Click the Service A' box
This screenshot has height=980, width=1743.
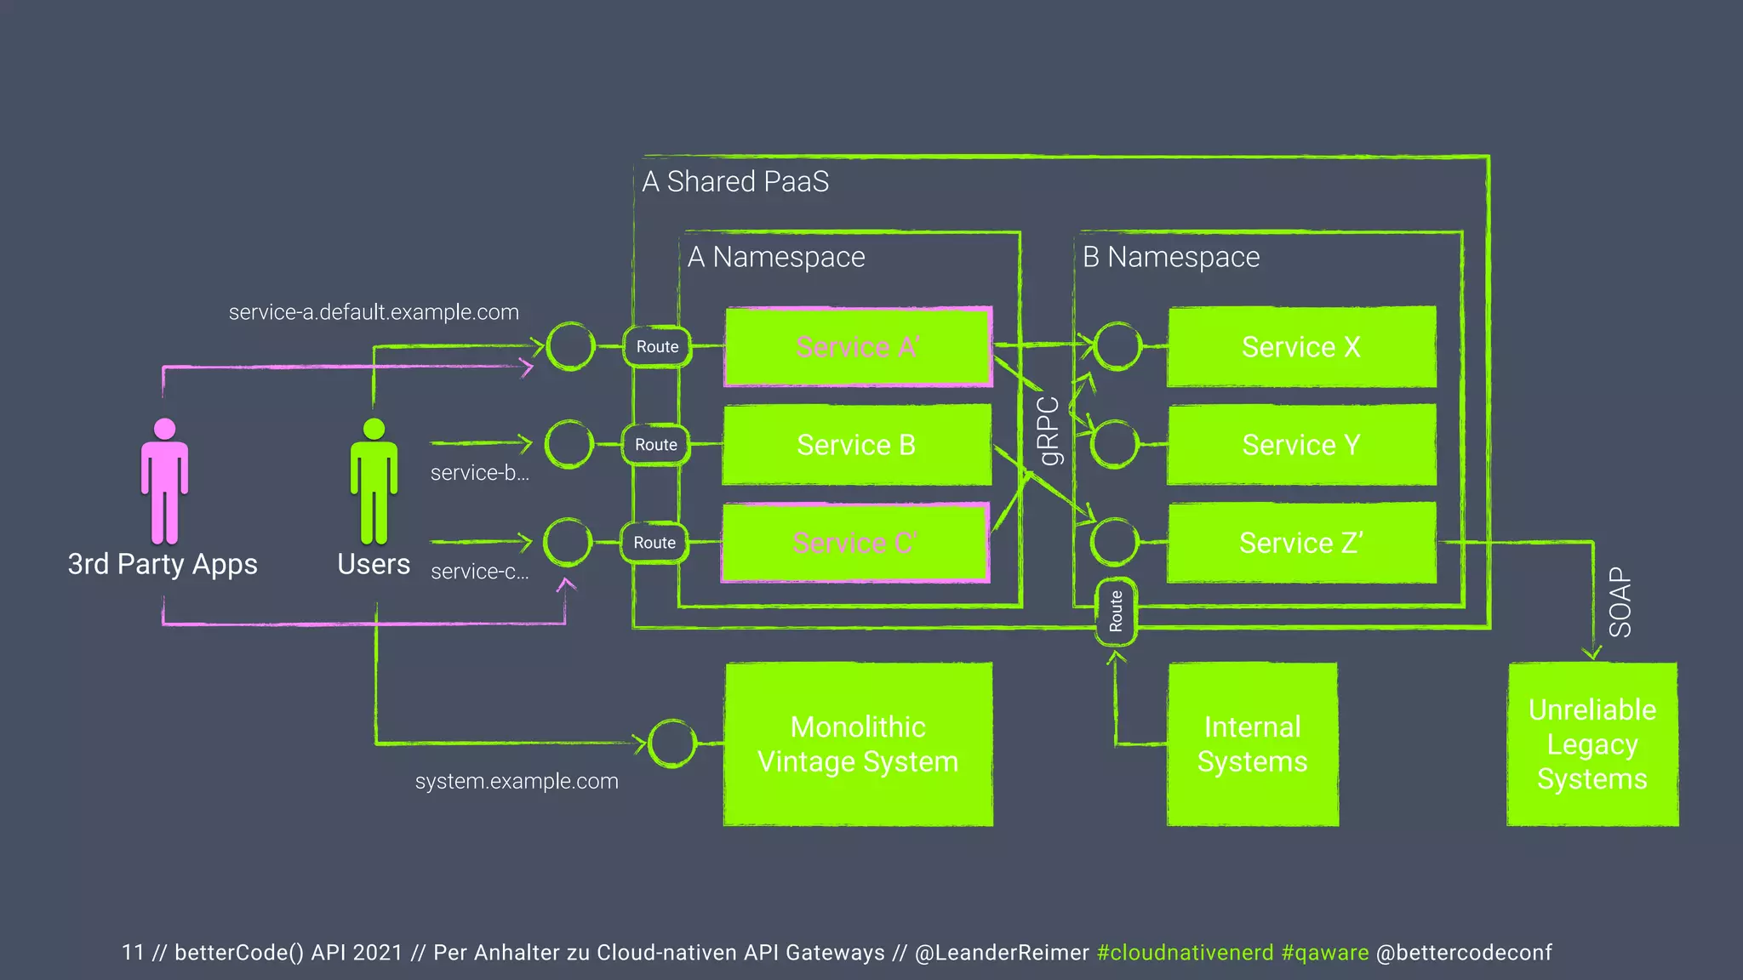click(x=858, y=347)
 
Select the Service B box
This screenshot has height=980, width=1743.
click(x=856, y=445)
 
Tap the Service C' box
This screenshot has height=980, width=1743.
click(x=854, y=543)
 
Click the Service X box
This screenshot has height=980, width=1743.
click(x=1301, y=347)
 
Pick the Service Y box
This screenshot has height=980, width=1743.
click(x=1301, y=445)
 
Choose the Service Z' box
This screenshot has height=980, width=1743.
click(x=1301, y=543)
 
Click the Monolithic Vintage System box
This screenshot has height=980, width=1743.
click(x=858, y=744)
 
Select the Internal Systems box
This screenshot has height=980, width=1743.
click(x=1252, y=744)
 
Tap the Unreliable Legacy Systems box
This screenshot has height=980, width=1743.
click(x=1592, y=744)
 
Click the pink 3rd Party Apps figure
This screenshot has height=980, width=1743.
click(x=164, y=481)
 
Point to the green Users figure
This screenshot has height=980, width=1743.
click(x=374, y=481)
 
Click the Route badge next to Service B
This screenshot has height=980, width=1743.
click(x=656, y=445)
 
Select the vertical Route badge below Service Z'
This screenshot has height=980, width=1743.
click(x=1116, y=611)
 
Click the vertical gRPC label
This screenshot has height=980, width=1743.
click(x=1050, y=431)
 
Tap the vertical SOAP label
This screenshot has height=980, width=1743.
click(x=1620, y=602)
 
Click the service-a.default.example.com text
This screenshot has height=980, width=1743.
click(x=374, y=312)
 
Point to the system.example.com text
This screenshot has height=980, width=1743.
click(x=517, y=781)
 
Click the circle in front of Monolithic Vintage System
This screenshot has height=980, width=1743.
click(x=672, y=744)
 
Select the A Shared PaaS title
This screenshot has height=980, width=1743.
click(x=735, y=181)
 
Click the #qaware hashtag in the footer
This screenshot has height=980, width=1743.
click(x=1324, y=952)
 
